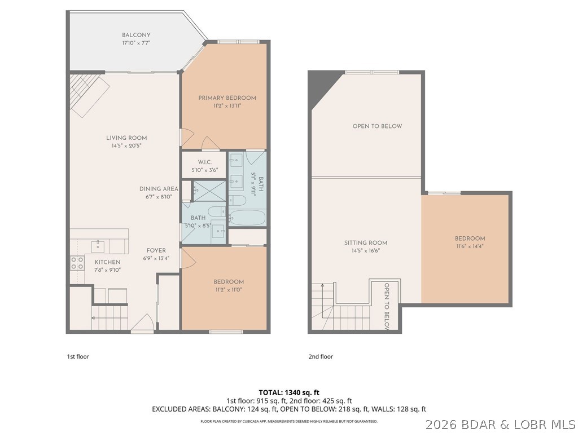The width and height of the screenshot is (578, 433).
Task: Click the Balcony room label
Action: tap(136, 35)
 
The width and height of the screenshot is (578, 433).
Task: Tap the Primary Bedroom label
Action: tap(227, 98)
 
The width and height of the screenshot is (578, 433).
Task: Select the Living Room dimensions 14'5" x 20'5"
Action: tap(126, 145)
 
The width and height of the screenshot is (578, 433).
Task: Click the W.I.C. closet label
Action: tap(204, 162)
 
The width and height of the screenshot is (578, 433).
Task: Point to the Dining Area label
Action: tap(159, 189)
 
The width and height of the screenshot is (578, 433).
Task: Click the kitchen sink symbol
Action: tap(99, 245)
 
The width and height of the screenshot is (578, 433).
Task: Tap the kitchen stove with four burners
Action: tap(77, 263)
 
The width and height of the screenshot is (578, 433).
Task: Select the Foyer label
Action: tap(156, 251)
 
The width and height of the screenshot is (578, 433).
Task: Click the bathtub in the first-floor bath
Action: tap(247, 218)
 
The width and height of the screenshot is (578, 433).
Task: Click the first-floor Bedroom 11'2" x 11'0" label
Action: tap(228, 282)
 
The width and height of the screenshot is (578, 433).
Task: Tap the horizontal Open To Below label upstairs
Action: tap(377, 126)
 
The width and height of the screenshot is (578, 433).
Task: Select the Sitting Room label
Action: tap(366, 243)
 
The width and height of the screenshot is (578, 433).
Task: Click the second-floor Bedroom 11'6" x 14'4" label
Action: tap(470, 238)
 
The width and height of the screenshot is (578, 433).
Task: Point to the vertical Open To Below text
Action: tap(387, 306)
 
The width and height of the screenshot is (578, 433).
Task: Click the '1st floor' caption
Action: tap(78, 356)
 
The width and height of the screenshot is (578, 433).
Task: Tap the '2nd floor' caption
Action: tap(321, 356)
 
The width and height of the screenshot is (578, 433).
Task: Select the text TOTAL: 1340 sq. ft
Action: tap(289, 392)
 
